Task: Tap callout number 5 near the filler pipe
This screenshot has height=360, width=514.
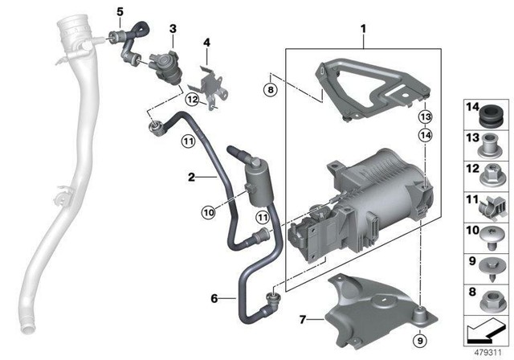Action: click(x=120, y=12)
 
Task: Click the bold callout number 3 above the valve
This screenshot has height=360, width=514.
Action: click(x=171, y=29)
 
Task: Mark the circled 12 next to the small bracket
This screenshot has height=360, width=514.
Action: click(x=191, y=100)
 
